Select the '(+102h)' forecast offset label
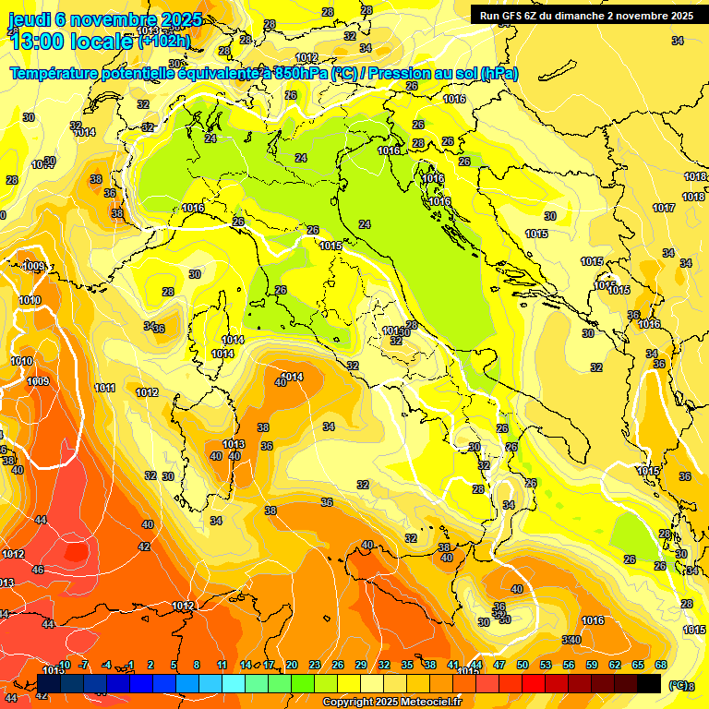(164, 41)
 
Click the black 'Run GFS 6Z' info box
(586, 15)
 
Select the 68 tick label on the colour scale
(661, 665)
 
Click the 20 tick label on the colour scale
(291, 665)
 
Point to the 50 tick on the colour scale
(523, 665)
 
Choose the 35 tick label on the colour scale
(407, 665)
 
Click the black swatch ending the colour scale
(649, 683)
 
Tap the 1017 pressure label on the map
(663, 208)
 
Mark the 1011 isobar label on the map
(105, 388)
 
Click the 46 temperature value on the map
(38, 570)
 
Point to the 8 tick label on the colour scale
(197, 665)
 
